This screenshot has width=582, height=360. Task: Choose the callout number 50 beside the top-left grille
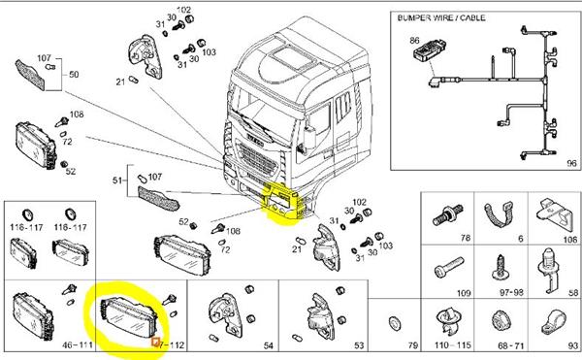[x=74, y=75]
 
